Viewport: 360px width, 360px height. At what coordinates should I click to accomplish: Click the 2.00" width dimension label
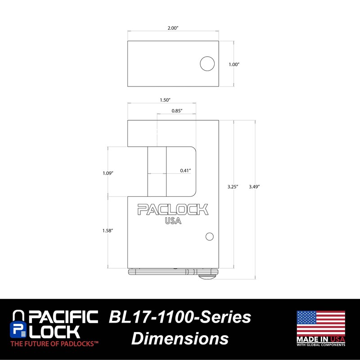point(173,28)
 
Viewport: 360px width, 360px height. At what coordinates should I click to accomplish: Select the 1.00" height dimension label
point(234,64)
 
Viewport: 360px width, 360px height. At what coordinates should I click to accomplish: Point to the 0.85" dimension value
point(177,111)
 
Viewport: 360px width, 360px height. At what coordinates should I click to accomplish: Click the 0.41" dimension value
point(185,171)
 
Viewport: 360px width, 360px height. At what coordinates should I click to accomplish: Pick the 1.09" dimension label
point(108,173)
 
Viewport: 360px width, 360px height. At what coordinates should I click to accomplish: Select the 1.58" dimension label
point(108,230)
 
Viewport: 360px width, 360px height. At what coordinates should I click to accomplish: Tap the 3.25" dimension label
point(234,186)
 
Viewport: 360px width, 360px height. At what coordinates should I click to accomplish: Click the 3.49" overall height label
point(255,186)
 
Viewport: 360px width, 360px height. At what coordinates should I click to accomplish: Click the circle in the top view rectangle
point(207,64)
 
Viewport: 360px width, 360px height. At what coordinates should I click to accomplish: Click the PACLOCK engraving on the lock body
point(173,210)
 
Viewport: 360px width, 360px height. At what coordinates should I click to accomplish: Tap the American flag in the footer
point(320,322)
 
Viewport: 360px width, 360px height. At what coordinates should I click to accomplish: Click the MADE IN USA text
point(320,338)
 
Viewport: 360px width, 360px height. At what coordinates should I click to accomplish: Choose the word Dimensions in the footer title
point(180,338)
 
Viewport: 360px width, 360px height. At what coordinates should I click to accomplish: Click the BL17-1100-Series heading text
point(180,317)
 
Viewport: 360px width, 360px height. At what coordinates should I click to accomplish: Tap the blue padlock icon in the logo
point(18,324)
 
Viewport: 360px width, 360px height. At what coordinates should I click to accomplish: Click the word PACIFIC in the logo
point(63,317)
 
